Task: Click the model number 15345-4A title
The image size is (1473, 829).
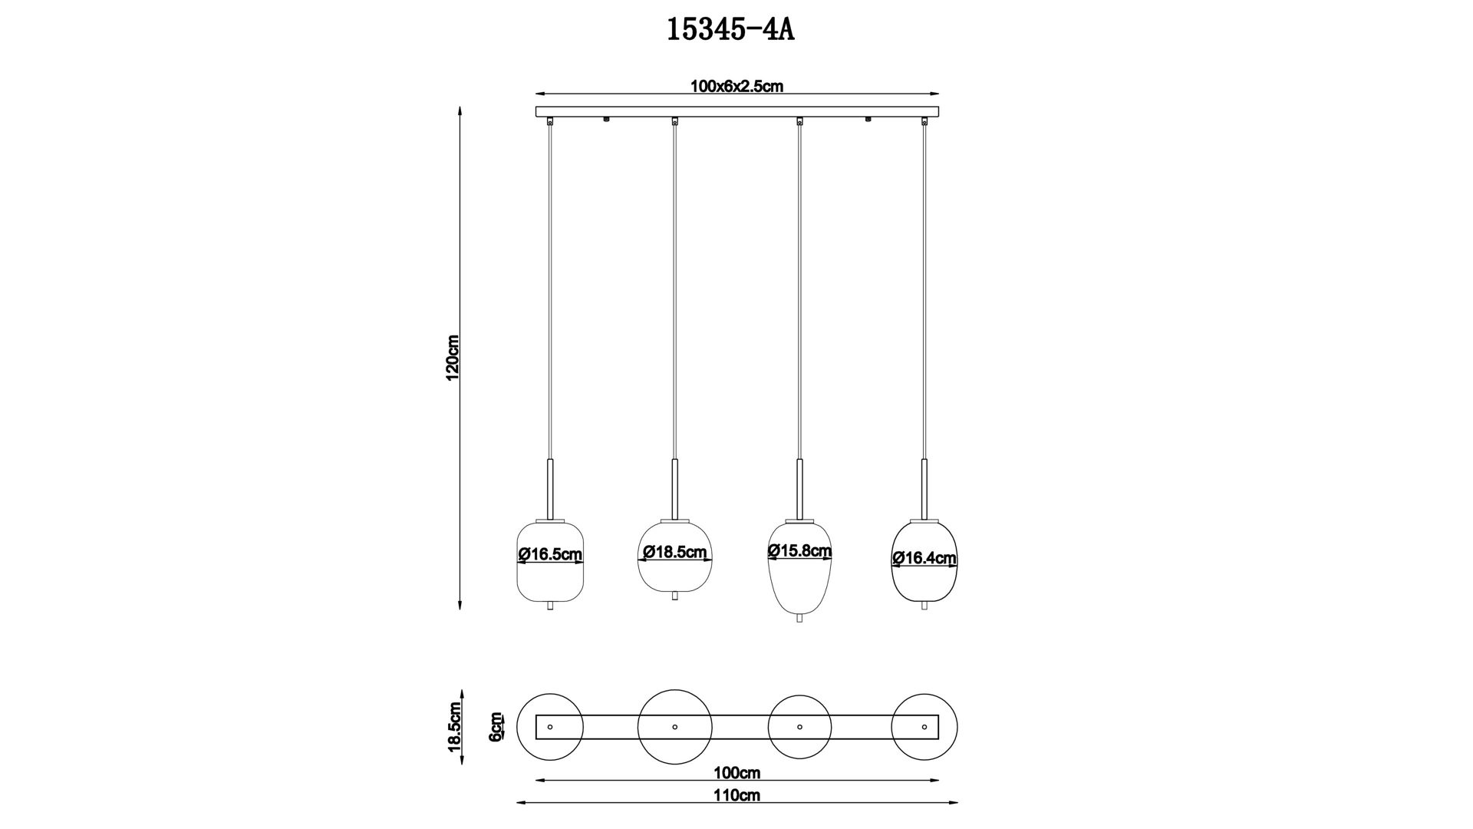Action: (730, 30)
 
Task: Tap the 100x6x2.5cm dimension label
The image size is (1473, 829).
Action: (736, 86)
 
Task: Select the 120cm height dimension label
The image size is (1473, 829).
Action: (453, 358)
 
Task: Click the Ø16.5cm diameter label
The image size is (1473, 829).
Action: (550, 554)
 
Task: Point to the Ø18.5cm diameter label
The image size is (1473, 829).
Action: (675, 552)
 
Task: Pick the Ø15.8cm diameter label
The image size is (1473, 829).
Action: (799, 550)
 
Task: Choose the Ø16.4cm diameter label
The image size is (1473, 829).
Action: (924, 558)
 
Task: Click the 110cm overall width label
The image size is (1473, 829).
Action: (736, 795)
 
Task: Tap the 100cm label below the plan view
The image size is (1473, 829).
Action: (736, 773)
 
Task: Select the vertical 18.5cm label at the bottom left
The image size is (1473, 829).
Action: (453, 727)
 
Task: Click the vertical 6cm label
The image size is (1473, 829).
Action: (496, 726)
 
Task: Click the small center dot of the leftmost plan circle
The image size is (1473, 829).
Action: (550, 726)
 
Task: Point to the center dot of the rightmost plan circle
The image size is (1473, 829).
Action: (924, 726)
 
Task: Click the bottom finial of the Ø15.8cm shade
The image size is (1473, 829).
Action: (799, 618)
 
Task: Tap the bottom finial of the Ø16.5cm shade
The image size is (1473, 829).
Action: (550, 606)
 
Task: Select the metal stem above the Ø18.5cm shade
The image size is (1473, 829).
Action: (675, 488)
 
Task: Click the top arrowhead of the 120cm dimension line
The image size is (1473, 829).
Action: (460, 110)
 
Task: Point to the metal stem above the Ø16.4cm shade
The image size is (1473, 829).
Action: (924, 488)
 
